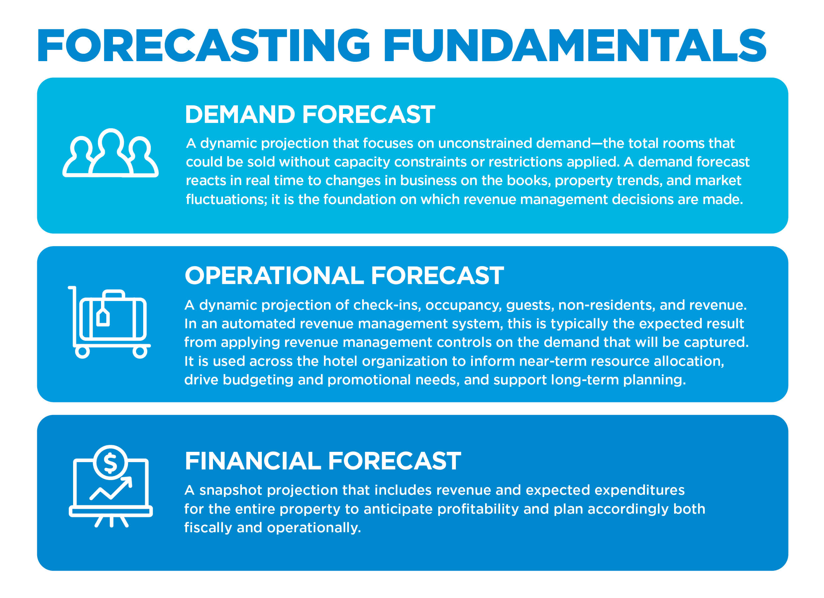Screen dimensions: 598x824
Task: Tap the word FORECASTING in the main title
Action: (203, 46)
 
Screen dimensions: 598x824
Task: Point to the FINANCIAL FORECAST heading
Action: (323, 461)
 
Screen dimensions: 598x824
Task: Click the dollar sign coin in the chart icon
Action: (110, 462)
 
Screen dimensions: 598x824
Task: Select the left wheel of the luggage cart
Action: (82, 352)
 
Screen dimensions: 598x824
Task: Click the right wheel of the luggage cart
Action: (140, 352)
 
